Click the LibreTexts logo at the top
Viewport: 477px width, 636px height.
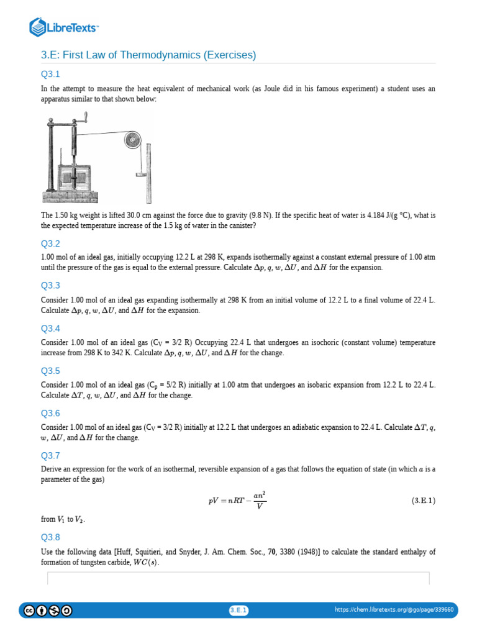64,27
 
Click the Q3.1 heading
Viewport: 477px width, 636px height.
50,75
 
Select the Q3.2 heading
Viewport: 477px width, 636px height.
50,243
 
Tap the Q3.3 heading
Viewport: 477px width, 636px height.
50,286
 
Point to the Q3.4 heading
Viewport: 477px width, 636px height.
50,329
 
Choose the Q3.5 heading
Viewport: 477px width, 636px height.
50,371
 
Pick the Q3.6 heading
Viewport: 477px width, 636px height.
50,413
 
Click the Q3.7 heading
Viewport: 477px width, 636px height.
50,455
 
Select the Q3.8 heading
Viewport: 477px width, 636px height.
50,537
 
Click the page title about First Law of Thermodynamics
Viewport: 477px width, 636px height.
148,55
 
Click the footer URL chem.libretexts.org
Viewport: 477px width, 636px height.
394,610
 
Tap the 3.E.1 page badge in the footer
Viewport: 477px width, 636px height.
238,611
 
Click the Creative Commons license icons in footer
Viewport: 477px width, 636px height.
48,611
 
